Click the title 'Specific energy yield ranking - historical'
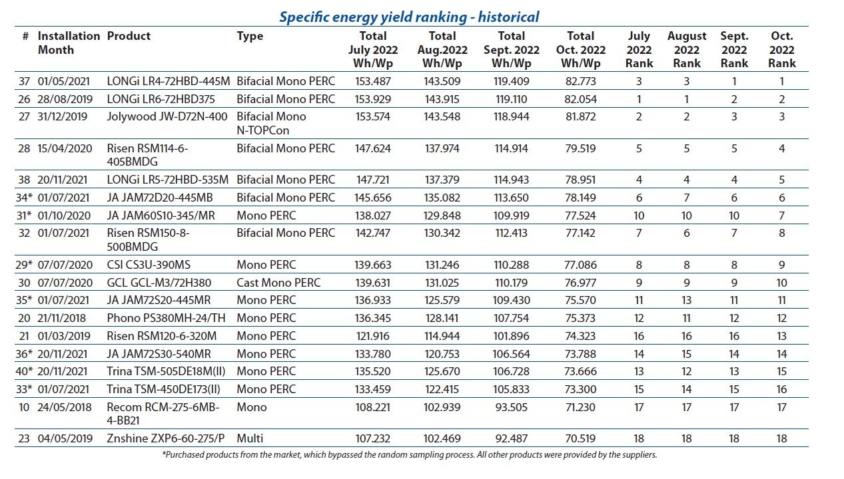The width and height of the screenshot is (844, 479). coord(409,17)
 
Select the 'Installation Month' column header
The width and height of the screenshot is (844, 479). coord(69,43)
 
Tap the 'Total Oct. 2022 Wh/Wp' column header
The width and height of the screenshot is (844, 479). coord(580,50)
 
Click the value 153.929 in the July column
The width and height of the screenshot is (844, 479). coord(372,99)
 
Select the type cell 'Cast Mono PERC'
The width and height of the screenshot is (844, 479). coord(278,283)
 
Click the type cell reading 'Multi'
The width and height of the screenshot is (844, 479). coord(251,438)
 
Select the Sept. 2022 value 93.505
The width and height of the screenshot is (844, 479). coord(511,407)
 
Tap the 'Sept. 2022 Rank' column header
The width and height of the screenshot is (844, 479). coord(734,50)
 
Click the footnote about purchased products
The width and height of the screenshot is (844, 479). coord(409,455)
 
